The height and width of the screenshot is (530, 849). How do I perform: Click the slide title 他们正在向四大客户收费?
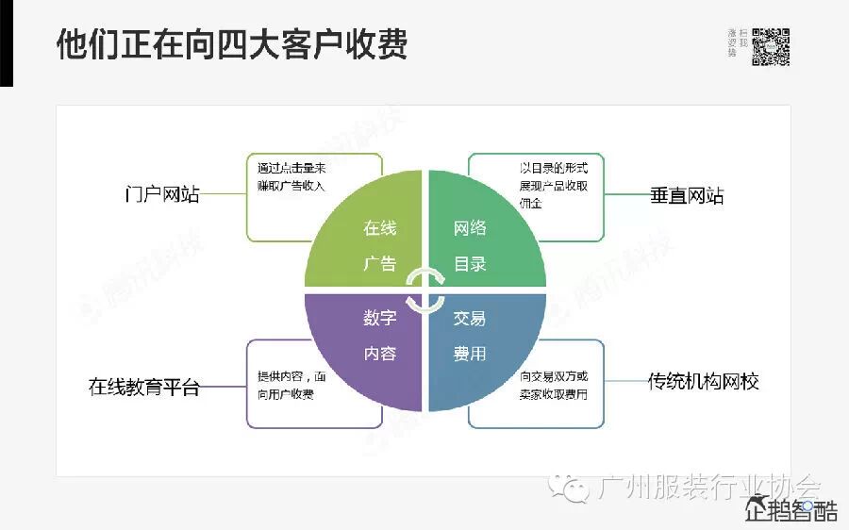pos(232,44)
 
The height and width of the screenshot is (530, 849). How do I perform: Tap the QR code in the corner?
pos(770,47)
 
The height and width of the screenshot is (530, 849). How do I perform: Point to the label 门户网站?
pos(162,194)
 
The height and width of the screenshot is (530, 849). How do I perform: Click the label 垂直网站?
pos(687,196)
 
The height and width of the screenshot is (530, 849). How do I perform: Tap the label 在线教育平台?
pos(144,387)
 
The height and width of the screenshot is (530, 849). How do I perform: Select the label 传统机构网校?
pos(704,382)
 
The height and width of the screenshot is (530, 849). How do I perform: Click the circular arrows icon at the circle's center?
pos(424,290)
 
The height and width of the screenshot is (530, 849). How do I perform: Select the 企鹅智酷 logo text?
pos(791,512)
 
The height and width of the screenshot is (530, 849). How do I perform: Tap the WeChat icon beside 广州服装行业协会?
pos(574,487)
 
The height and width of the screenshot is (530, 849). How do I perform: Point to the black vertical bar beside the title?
pos(7,42)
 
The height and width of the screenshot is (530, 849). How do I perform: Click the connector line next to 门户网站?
pos(224,194)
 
